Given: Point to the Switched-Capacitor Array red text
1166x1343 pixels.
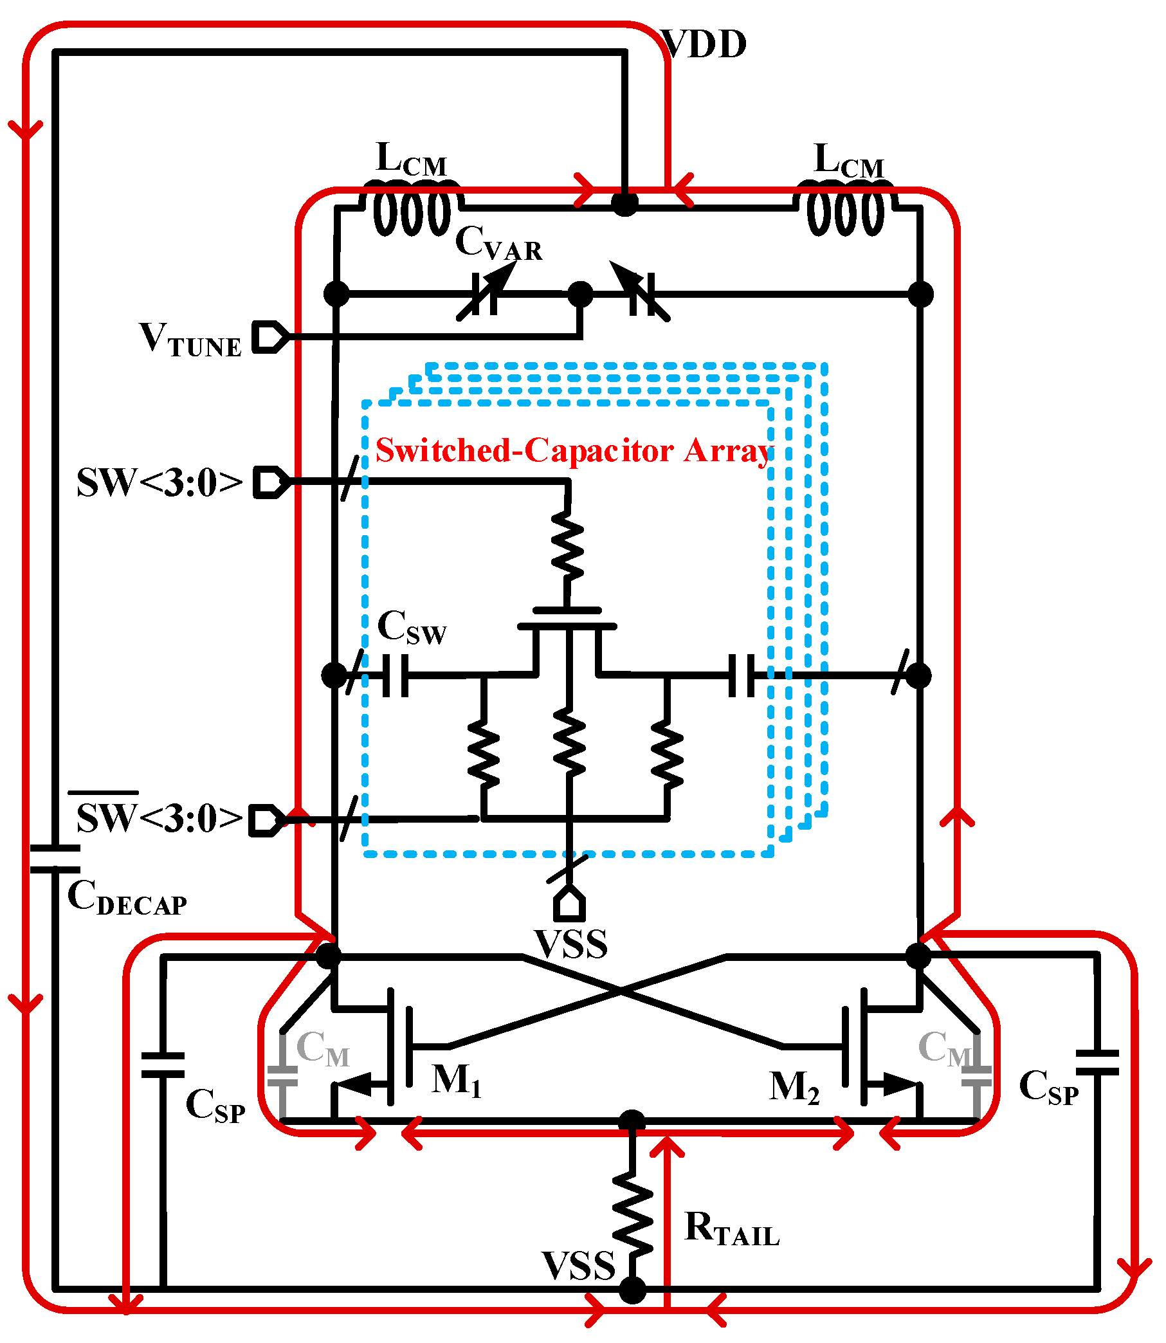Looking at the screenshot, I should pos(572,450).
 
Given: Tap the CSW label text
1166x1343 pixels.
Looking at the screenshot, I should pos(411,628).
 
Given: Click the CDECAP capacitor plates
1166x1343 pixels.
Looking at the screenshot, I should pos(55,858).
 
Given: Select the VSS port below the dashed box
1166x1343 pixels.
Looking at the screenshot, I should pos(569,905).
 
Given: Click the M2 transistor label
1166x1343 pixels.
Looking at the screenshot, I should pos(794,1087).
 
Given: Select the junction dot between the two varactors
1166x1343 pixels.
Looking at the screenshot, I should pos(580,294).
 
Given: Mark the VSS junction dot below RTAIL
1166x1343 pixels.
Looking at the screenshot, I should pos(632,1290).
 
